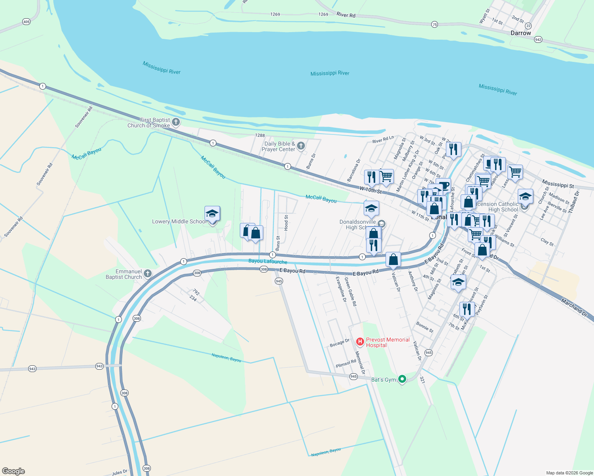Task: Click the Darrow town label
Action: (521, 33)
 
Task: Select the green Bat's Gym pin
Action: (402, 379)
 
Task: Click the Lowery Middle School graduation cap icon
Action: (212, 213)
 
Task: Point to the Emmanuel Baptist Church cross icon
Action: (148, 273)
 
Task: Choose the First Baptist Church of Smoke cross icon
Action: (176, 122)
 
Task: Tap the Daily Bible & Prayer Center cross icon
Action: (301, 146)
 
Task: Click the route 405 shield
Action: (26, 21)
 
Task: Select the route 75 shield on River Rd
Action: (434, 25)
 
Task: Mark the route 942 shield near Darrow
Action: (538, 39)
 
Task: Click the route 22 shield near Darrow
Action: (528, 26)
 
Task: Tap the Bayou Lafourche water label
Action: (268, 261)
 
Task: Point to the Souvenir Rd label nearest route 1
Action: (83, 117)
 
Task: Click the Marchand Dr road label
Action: (574, 307)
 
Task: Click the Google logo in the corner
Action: (13, 471)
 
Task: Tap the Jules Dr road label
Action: (120, 472)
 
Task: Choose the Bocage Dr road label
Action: (339, 343)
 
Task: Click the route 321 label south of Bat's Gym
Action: (422, 380)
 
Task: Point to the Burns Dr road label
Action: (311, 161)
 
